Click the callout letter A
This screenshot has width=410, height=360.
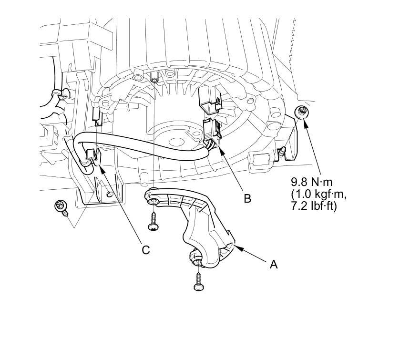coord(274,264)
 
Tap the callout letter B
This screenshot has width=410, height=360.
coord(247,198)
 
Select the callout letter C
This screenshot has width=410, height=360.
coord(146,249)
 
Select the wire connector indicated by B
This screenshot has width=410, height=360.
coord(211,131)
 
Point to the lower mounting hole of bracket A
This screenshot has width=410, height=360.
coord(197,257)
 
